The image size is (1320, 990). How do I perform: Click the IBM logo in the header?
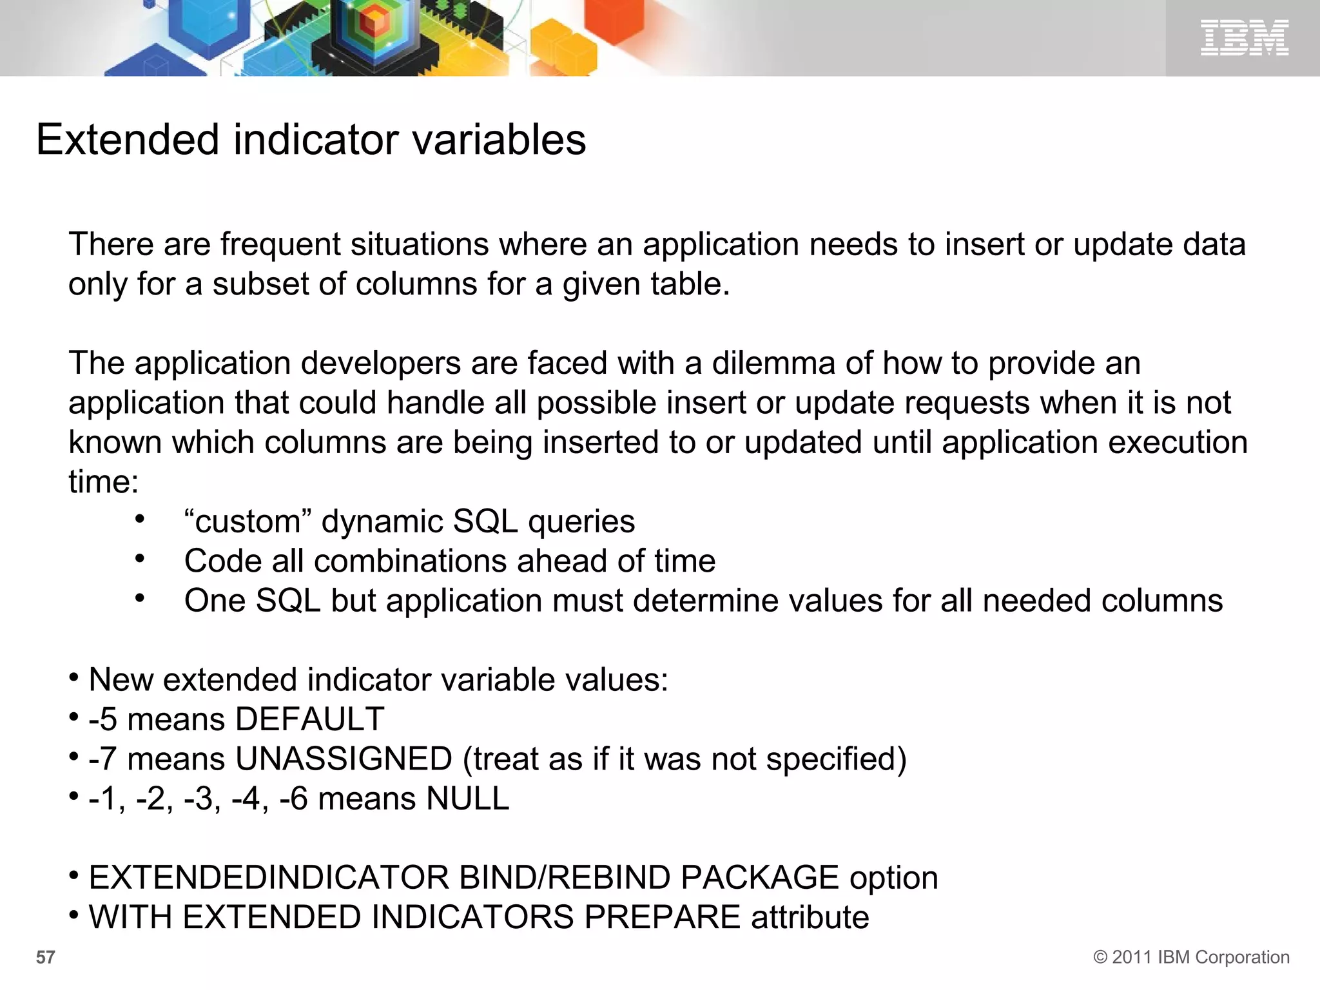[1244, 37]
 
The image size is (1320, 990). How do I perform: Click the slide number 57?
[45, 957]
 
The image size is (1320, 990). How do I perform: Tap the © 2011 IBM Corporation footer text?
[1191, 957]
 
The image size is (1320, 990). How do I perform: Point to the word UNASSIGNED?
[344, 759]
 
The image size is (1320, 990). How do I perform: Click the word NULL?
[467, 799]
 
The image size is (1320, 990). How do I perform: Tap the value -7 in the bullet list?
[102, 759]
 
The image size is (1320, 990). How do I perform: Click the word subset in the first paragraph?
[261, 284]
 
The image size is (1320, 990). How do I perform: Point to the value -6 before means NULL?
[293, 799]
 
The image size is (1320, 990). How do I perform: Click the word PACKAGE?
[759, 878]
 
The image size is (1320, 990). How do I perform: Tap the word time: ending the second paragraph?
[103, 482]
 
